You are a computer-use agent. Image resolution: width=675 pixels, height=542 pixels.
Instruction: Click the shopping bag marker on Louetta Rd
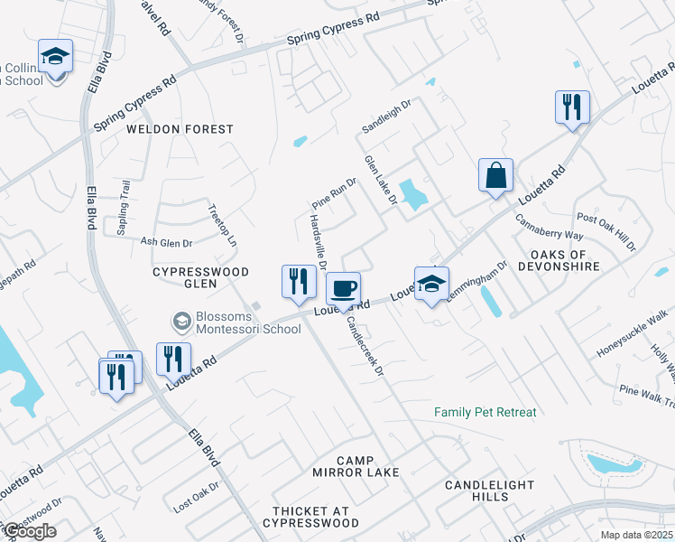pos(495,176)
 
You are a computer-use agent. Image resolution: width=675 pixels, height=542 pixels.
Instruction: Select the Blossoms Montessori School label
pos(237,322)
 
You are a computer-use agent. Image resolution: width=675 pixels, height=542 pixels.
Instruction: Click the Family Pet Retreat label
pos(485,412)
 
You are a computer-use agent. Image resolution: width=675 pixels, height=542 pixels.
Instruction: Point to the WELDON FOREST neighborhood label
pos(180,129)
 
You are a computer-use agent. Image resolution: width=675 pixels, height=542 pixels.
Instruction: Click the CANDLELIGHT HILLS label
pos(490,491)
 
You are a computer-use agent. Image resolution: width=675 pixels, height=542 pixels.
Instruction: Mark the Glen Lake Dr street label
pos(380,179)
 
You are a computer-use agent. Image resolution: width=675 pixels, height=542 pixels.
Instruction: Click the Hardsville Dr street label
pos(317,239)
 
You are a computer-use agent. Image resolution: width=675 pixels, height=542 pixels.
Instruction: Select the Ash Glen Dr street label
pos(166,242)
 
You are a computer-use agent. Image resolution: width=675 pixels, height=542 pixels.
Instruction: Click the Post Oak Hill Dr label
pos(606,232)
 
